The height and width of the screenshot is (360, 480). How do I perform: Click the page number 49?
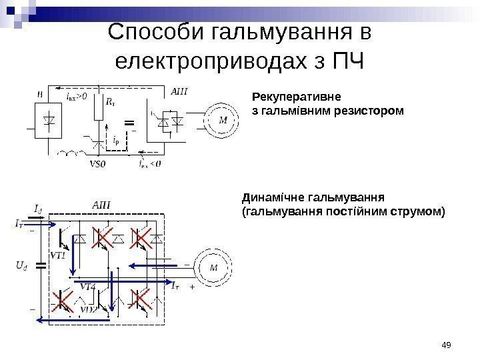pyautogui.click(x=447, y=344)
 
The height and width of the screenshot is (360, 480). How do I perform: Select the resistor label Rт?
pyautogui.click(x=111, y=103)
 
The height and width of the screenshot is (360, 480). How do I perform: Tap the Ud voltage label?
pyautogui.click(x=21, y=265)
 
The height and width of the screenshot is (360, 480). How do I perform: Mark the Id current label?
pyautogui.click(x=38, y=209)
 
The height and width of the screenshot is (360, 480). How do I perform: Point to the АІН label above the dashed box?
pyautogui.click(x=100, y=205)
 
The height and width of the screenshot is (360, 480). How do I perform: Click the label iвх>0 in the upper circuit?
pyautogui.click(x=77, y=97)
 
